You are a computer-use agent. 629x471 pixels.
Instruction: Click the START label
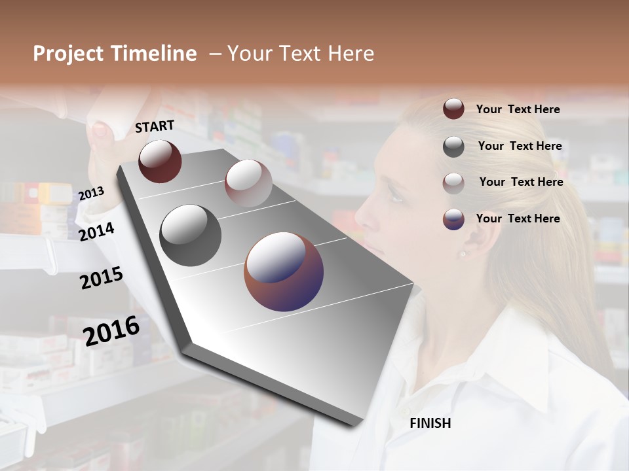155,126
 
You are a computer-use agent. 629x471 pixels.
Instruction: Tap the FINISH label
430,423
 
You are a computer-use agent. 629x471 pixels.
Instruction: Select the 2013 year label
91,194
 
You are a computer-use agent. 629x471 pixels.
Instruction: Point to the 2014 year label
96,232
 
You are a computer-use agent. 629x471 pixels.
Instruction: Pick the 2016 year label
111,330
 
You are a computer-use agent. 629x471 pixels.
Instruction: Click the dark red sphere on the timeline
160,161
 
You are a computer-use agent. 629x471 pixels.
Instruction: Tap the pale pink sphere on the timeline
248,183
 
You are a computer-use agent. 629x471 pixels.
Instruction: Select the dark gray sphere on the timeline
191,235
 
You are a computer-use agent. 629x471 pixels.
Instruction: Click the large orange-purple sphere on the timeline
284,271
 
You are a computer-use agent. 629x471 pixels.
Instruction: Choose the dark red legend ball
453,109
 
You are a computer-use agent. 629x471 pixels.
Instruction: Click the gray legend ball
453,147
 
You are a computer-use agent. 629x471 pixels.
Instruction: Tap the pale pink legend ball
453,183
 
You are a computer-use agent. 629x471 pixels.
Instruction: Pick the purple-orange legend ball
453,219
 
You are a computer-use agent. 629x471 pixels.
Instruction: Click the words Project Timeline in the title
115,54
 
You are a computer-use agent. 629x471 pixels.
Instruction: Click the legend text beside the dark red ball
518,109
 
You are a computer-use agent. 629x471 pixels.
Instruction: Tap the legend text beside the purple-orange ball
518,218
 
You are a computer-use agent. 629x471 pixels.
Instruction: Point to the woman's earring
463,253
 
